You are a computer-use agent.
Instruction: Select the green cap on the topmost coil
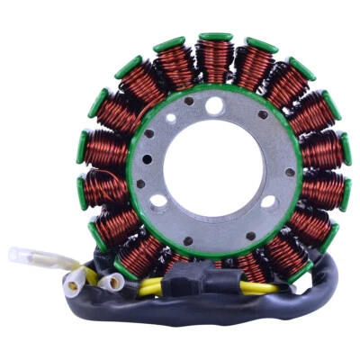tap(215, 38)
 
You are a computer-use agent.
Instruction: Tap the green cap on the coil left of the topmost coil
tap(169, 43)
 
